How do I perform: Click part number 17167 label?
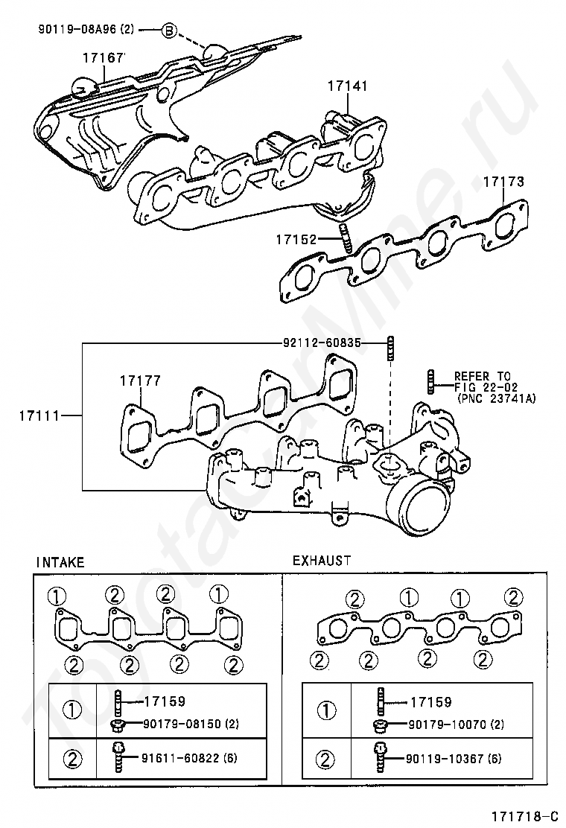[x=103, y=57]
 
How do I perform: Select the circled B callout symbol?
[x=168, y=31]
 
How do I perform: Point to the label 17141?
[x=347, y=86]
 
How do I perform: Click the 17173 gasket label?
[x=504, y=182]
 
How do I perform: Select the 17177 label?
[x=140, y=380]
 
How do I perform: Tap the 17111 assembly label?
[x=40, y=415]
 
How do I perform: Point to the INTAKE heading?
[x=60, y=562]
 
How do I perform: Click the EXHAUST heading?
[x=322, y=560]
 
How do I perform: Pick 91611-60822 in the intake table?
[x=182, y=758]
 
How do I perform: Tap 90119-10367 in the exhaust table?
[x=446, y=759]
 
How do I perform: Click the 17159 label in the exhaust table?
[x=431, y=702]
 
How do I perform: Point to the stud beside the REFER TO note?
[x=430, y=380]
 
